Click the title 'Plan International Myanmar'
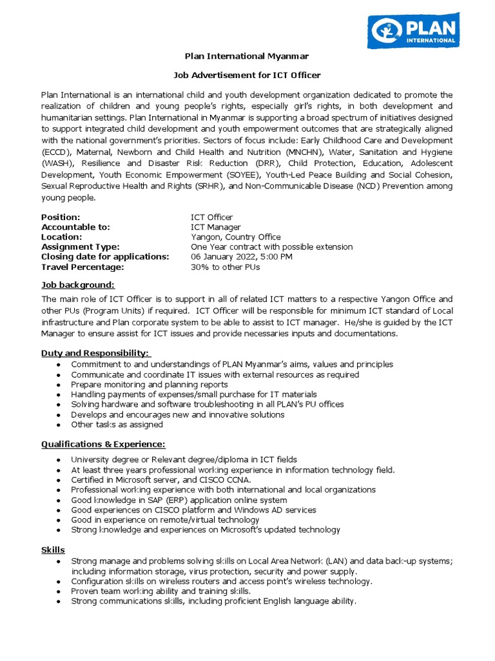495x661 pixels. pos(247,56)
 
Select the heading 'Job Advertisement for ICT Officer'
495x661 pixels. pos(247,75)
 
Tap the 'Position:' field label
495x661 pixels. pos(61,217)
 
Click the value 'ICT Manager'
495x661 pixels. pos(216,227)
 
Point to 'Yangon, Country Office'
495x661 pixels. pos(236,237)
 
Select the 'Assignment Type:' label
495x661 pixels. pos(81,247)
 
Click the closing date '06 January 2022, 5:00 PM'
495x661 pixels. pos(242,256)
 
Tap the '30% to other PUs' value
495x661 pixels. pos(226,267)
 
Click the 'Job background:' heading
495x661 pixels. pos(78,285)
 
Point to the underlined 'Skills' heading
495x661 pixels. pos(53,549)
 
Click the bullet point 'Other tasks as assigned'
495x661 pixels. pos(117,425)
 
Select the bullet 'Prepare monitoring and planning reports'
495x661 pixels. pos(150,385)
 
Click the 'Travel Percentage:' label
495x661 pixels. pos(82,267)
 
